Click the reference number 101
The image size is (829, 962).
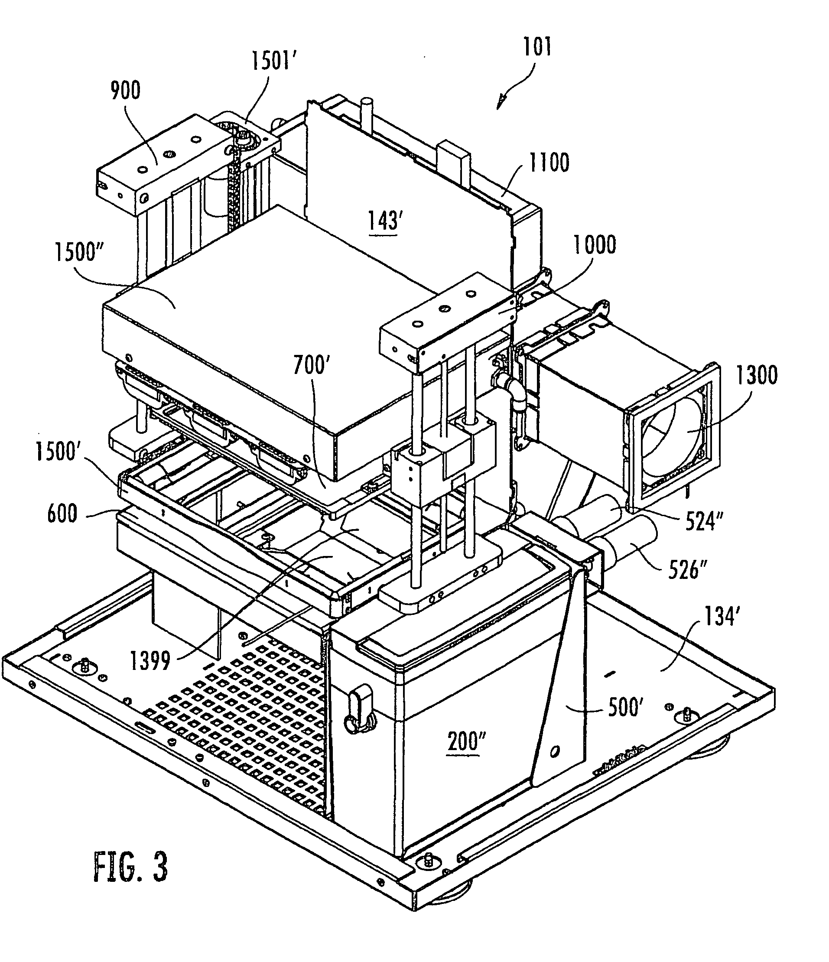(x=537, y=47)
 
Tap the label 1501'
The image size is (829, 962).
(x=274, y=61)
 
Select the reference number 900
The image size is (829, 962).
(x=125, y=91)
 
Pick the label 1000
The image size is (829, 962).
(x=595, y=245)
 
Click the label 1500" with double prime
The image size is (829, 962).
(x=79, y=253)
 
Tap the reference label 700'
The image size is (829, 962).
(x=312, y=365)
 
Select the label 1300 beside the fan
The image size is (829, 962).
(x=757, y=375)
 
